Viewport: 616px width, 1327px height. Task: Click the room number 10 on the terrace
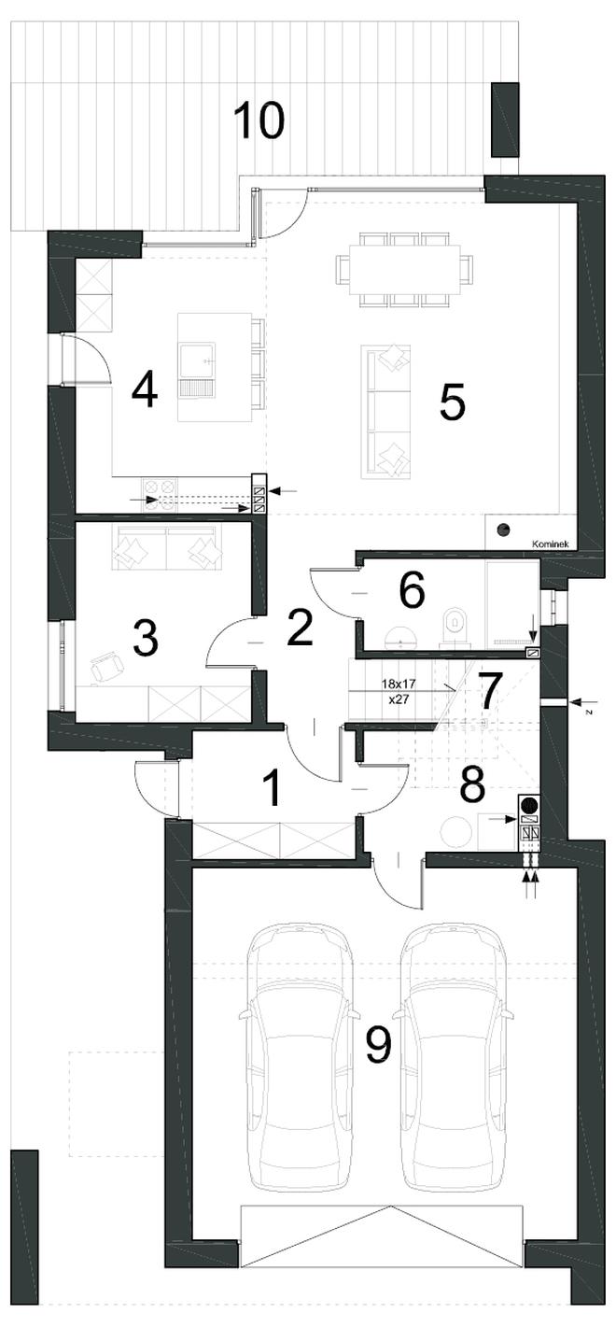pyautogui.click(x=259, y=120)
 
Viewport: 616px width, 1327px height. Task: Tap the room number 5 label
pyautogui.click(x=453, y=402)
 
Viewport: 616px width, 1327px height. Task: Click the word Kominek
pyautogui.click(x=551, y=544)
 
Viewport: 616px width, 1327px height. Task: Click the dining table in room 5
pyautogui.click(x=405, y=270)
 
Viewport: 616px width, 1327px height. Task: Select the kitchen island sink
pyautogui.click(x=197, y=369)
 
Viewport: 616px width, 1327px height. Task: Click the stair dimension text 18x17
pyautogui.click(x=398, y=683)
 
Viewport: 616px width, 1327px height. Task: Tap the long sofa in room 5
pyautogui.click(x=385, y=412)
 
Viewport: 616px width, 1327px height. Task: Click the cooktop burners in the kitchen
pyautogui.click(x=159, y=495)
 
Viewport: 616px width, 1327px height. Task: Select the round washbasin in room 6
pyautogui.click(x=401, y=635)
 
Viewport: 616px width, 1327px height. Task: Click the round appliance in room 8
pyautogui.click(x=455, y=829)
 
